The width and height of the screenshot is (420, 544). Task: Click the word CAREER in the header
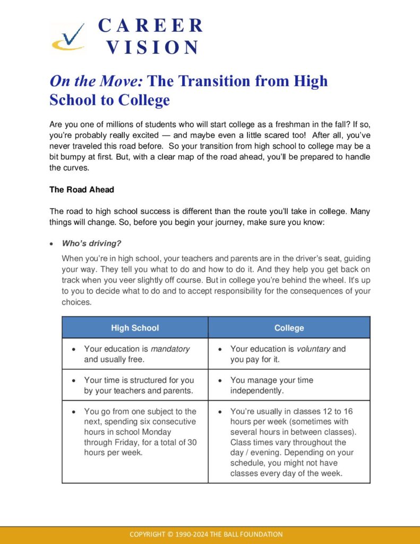[x=150, y=25]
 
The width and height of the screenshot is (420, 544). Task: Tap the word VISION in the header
[x=152, y=48]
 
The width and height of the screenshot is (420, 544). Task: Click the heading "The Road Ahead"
[x=82, y=190]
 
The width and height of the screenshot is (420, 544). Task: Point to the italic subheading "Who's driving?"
[x=91, y=244]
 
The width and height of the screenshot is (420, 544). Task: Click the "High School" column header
[x=135, y=328]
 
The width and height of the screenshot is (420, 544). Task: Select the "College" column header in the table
[x=289, y=328]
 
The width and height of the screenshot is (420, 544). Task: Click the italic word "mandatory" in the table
[x=170, y=349]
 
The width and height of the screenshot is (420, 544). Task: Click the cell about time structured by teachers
[x=139, y=385]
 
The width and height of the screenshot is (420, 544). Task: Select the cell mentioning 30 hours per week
[x=140, y=432]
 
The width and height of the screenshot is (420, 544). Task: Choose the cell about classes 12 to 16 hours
[x=293, y=442]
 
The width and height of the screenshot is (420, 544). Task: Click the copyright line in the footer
[x=210, y=534]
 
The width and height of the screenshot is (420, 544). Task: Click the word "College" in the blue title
[x=143, y=100]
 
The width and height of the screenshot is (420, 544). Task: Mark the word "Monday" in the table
[x=156, y=432]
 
